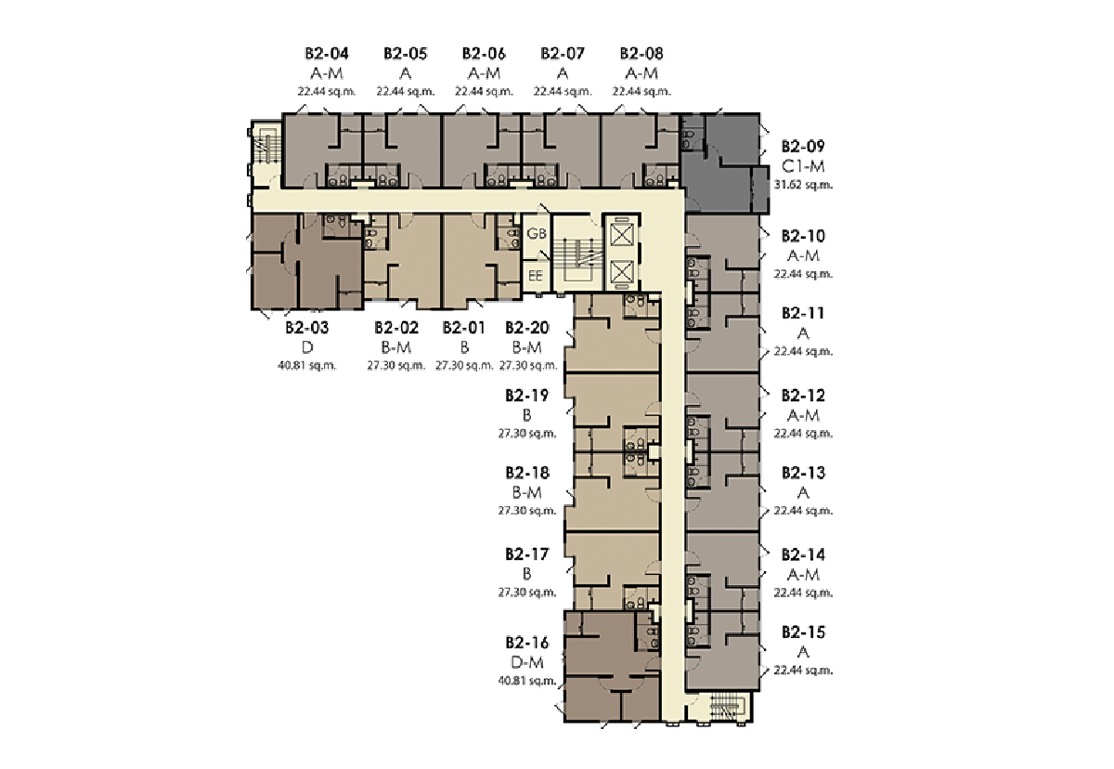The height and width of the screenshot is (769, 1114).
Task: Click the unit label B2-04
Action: (327, 53)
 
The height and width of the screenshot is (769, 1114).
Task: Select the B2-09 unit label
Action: (803, 146)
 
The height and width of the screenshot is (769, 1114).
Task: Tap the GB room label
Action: (537, 233)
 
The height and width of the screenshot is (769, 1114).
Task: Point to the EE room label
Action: (536, 276)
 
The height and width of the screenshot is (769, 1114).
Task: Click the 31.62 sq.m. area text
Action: (803, 185)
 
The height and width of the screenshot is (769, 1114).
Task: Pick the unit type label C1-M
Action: (803, 165)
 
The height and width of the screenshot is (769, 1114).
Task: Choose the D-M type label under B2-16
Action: (527, 662)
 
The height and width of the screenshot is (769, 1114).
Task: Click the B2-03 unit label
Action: (307, 327)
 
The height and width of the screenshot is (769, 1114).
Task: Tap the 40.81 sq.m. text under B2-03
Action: (307, 366)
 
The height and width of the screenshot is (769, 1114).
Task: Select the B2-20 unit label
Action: (527, 327)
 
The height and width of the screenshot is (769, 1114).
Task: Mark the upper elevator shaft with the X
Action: (621, 235)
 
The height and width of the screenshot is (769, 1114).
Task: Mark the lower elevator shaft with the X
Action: (621, 271)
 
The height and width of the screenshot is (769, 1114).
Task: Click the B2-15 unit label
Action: (803, 632)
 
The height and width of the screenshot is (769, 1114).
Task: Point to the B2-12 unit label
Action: (803, 396)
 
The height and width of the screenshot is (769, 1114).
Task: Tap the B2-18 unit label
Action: (527, 473)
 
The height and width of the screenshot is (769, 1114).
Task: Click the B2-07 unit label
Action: (563, 53)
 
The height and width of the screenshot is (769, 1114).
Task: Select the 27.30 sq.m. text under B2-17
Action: (527, 593)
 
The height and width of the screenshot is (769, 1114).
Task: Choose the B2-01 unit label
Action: (463, 327)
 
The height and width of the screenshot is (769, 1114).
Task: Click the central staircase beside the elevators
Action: (576, 254)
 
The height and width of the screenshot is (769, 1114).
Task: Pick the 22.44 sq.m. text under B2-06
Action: (484, 92)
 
